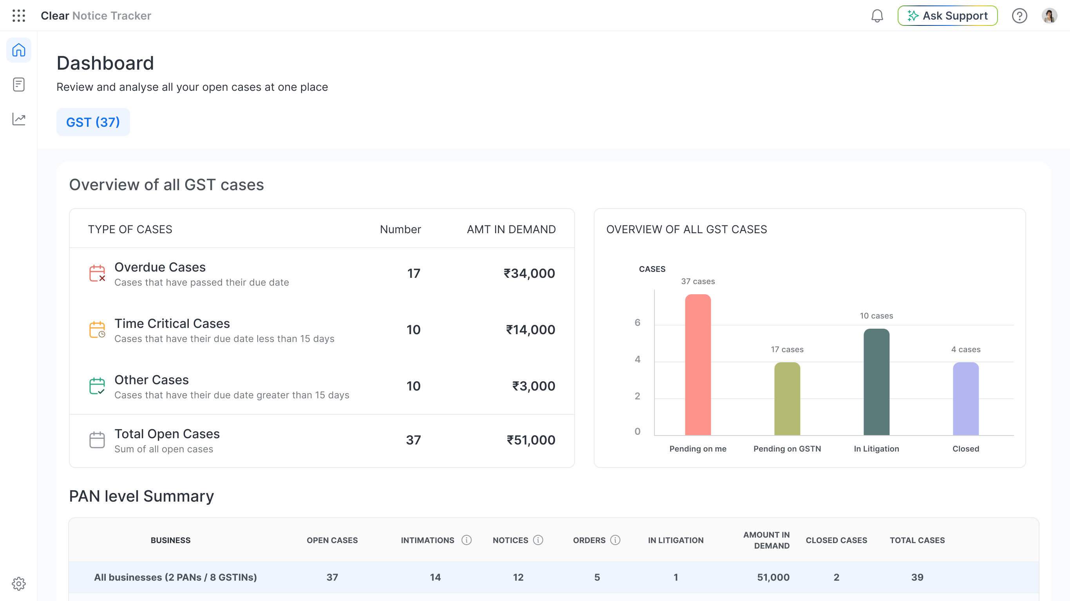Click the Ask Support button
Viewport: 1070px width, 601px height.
(947, 16)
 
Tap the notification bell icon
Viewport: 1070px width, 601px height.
(877, 16)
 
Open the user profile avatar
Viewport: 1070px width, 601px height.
(1049, 16)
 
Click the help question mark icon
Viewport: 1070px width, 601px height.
(1019, 16)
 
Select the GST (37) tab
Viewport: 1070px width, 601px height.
(93, 122)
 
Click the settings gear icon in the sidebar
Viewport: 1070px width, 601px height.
(19, 583)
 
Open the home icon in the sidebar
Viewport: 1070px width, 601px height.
(19, 50)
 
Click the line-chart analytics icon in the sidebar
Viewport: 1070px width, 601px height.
(19, 119)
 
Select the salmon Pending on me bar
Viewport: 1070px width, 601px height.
(698, 365)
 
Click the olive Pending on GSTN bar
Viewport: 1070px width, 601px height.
(787, 399)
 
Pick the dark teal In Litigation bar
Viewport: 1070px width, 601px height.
(877, 382)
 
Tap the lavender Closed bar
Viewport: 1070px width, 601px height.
(966, 399)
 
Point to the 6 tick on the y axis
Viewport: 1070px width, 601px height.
(637, 322)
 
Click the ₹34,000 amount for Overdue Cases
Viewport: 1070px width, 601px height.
(529, 273)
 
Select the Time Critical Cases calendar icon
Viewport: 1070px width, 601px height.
(97, 329)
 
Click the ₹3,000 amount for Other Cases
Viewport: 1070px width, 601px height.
(533, 386)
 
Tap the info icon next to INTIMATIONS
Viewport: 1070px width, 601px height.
(466, 540)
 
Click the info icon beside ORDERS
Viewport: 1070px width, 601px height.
(615, 540)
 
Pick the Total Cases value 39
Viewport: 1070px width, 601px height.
(917, 578)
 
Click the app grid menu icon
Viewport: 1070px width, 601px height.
(19, 16)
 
